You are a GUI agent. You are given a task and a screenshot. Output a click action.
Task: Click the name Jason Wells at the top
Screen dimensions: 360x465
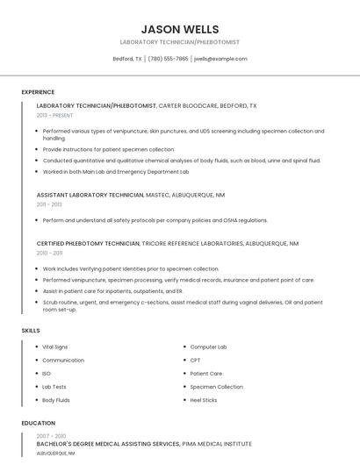tap(180, 29)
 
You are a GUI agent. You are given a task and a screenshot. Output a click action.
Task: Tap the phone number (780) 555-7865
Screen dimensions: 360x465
tap(168, 59)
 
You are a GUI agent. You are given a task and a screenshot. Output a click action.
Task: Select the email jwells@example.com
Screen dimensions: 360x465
tap(221, 59)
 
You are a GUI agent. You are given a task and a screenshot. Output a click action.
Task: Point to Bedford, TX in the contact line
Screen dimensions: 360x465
tap(127, 59)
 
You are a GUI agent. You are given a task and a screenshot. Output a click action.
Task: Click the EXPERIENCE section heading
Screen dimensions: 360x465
tap(38, 92)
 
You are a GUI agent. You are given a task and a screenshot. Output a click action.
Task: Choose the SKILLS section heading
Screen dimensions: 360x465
tap(31, 330)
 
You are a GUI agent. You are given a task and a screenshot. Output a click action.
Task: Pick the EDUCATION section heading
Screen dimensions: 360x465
tap(39, 423)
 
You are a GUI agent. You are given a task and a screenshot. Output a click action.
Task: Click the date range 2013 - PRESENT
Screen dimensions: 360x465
tap(54, 115)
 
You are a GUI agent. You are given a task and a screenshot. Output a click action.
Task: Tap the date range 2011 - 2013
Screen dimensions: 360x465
tap(49, 204)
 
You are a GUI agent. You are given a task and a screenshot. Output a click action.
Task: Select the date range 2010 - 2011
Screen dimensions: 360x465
tap(49, 253)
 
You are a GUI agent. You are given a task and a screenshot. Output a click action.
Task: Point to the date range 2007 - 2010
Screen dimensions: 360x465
tap(51, 436)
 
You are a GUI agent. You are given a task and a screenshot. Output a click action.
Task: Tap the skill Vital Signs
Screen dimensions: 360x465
tap(55, 347)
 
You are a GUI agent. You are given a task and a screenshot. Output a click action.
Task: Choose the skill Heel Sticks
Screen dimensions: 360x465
tap(204, 400)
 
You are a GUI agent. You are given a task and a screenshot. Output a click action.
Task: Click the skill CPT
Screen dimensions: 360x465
tap(195, 361)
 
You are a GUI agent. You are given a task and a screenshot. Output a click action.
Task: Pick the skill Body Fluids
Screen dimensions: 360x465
tap(57, 400)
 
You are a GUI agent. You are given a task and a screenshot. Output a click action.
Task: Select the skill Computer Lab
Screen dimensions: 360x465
tap(208, 347)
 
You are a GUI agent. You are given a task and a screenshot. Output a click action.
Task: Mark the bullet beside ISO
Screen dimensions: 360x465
tap(36, 374)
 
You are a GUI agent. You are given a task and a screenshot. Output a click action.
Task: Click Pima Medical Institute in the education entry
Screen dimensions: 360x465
tap(216, 445)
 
